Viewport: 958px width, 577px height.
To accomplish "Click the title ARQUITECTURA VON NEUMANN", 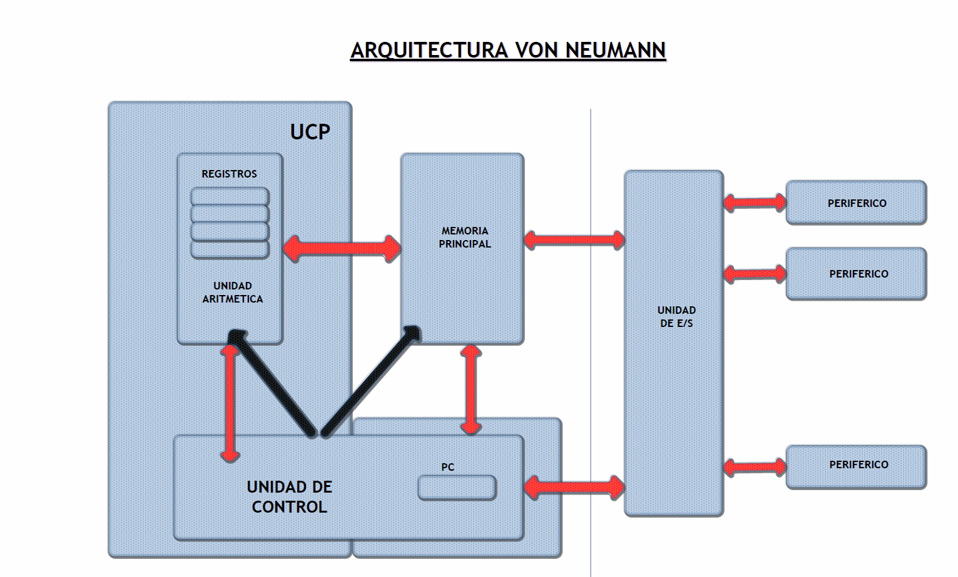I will click(x=507, y=50).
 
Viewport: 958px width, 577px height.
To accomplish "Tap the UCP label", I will click(x=310, y=132).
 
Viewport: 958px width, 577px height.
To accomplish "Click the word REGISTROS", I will click(x=229, y=174).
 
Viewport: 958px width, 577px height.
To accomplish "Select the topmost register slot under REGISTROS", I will click(x=230, y=197).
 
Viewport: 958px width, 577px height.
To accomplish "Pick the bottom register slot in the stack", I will click(x=230, y=249).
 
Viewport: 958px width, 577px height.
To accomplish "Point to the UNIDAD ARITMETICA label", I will click(x=232, y=293).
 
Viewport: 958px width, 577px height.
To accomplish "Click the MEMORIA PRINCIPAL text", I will click(x=464, y=238).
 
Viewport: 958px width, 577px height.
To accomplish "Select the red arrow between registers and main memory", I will click(x=342, y=248).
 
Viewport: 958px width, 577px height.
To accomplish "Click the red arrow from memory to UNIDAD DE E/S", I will click(x=574, y=239).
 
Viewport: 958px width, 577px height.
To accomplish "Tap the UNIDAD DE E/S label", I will click(x=676, y=317).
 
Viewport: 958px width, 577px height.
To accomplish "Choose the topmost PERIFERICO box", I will click(x=856, y=203).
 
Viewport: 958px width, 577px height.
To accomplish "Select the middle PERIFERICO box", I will click(x=856, y=274).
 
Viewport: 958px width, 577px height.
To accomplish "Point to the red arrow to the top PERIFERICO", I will click(x=755, y=202).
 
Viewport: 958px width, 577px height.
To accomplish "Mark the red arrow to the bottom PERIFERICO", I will click(x=755, y=466).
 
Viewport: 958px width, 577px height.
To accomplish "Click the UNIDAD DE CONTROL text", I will click(x=289, y=497).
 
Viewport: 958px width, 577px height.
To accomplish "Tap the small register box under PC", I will click(x=457, y=488).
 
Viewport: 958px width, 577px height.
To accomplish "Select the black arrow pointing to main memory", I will click(x=369, y=381).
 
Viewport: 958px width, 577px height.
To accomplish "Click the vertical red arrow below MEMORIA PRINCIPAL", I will click(x=471, y=389).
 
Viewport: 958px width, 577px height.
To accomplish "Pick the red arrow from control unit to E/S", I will click(x=574, y=488).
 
